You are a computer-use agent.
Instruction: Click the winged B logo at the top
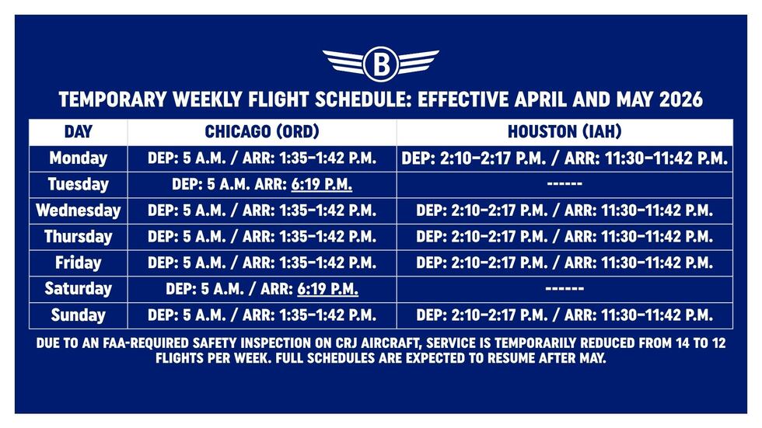click(380, 64)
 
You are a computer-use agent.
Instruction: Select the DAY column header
click(78, 132)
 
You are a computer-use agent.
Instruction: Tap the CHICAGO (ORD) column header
click(262, 132)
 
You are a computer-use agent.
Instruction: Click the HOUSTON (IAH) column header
click(565, 132)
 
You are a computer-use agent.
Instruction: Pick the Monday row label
click(78, 158)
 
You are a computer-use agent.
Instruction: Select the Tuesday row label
click(78, 185)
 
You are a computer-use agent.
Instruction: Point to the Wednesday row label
click(78, 211)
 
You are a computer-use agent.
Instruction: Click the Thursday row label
click(78, 237)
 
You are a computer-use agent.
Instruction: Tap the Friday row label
click(78, 263)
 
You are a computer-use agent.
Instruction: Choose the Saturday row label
click(78, 289)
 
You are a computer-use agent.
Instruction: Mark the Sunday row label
click(78, 315)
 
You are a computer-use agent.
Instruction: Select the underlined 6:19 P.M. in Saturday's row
click(327, 289)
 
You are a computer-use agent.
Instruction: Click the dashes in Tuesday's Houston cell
click(565, 185)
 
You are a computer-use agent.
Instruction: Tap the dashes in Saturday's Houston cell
click(565, 289)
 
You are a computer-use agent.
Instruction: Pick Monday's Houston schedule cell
click(565, 158)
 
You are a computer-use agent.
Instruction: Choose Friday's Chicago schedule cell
click(262, 263)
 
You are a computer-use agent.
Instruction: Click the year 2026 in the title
click(676, 100)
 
